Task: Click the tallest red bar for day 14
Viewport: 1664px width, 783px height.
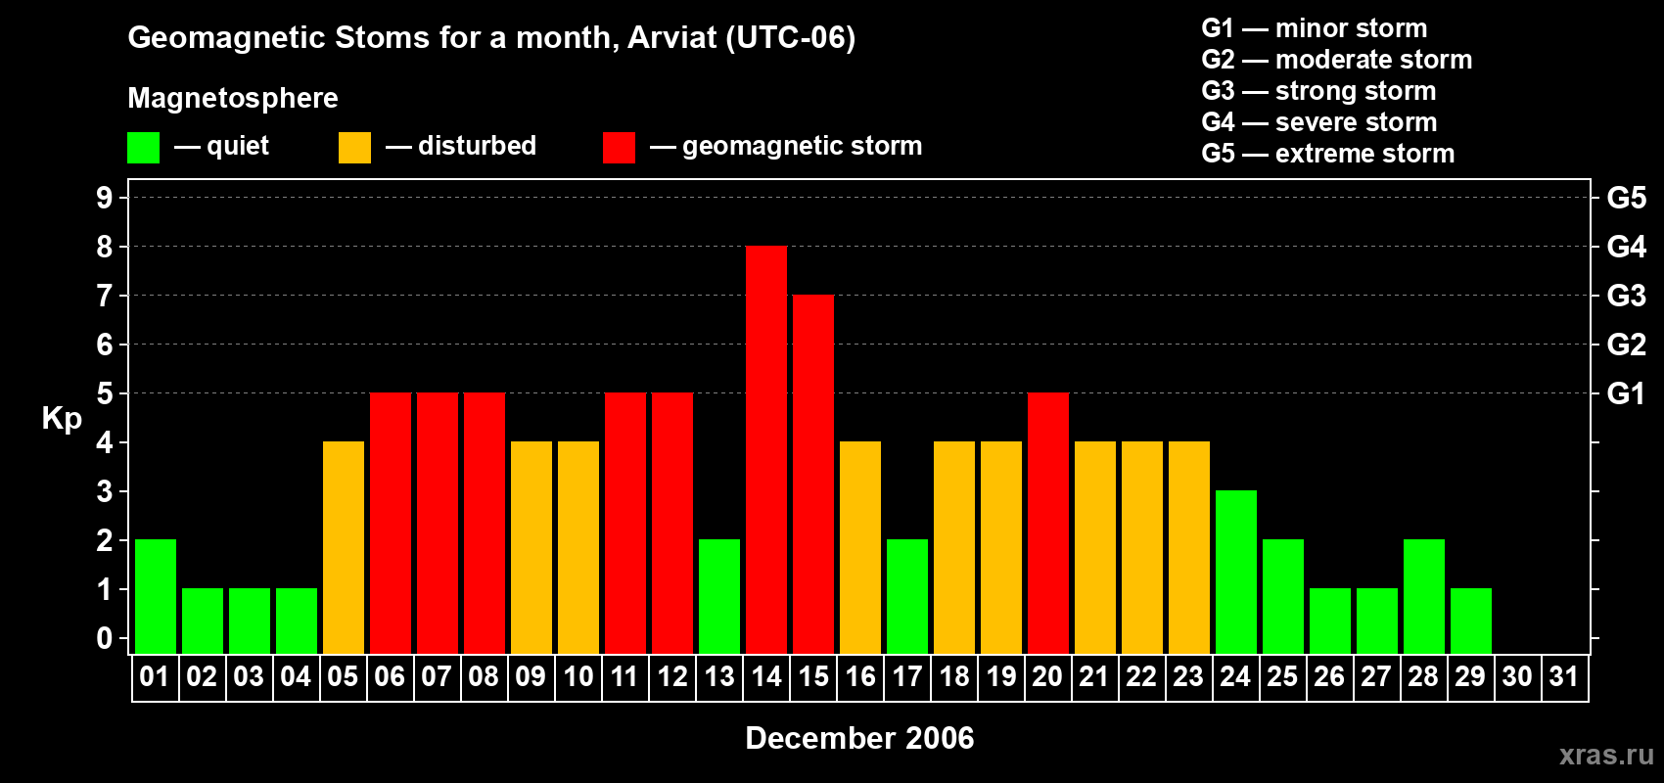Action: [765, 449]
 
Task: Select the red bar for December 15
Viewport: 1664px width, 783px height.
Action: [813, 474]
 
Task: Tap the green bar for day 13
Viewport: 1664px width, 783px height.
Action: [719, 596]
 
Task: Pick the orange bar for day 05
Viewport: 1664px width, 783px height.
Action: [344, 547]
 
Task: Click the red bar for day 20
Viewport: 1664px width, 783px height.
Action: [1048, 523]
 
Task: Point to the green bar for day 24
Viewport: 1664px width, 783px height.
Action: [1236, 572]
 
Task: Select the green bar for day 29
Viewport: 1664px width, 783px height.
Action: [1471, 622]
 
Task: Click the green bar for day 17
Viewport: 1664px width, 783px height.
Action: [907, 596]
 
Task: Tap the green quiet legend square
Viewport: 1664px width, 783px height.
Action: [143, 147]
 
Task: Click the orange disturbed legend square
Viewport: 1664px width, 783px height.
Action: [354, 147]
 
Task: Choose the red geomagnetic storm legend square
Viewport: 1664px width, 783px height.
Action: [619, 147]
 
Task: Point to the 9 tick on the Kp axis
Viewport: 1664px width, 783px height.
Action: [104, 198]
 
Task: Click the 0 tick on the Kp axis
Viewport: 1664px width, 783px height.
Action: [104, 638]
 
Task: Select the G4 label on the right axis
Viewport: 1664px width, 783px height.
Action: [1626, 247]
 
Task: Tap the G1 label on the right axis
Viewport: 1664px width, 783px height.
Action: [1626, 393]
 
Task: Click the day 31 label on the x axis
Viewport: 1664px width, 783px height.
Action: [1564, 676]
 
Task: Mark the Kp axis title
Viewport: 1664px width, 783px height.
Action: [62, 419]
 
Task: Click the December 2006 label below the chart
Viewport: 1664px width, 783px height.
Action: [859, 738]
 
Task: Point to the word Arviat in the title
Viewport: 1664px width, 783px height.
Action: [672, 37]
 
